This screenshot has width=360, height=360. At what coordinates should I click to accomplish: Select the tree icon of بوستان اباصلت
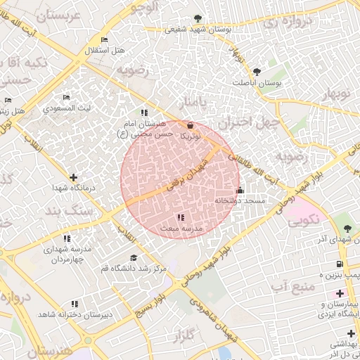pyautogui.click(x=256, y=71)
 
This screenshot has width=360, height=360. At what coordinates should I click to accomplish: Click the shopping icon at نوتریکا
pyautogui.click(x=191, y=125)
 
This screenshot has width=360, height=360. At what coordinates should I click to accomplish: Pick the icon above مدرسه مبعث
pyautogui.click(x=181, y=217)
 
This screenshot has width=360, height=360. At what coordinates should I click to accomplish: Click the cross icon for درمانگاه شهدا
pyautogui.click(x=73, y=177)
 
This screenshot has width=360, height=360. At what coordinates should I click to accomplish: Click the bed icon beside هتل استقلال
pyautogui.click(x=104, y=39)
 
